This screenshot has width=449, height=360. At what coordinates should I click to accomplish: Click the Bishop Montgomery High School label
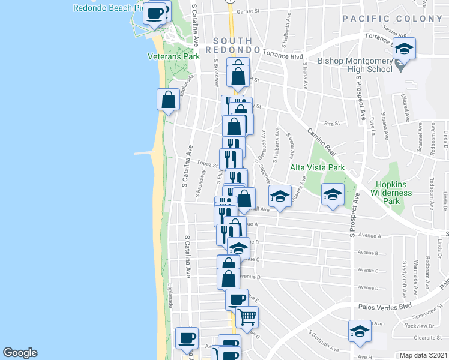[355, 65]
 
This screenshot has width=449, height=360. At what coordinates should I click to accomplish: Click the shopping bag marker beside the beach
[169, 100]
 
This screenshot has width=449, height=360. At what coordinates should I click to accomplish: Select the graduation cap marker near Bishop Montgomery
[405, 49]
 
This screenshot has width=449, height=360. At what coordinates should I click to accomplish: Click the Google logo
[20, 353]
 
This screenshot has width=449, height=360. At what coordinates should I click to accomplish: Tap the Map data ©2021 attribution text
[424, 355]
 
